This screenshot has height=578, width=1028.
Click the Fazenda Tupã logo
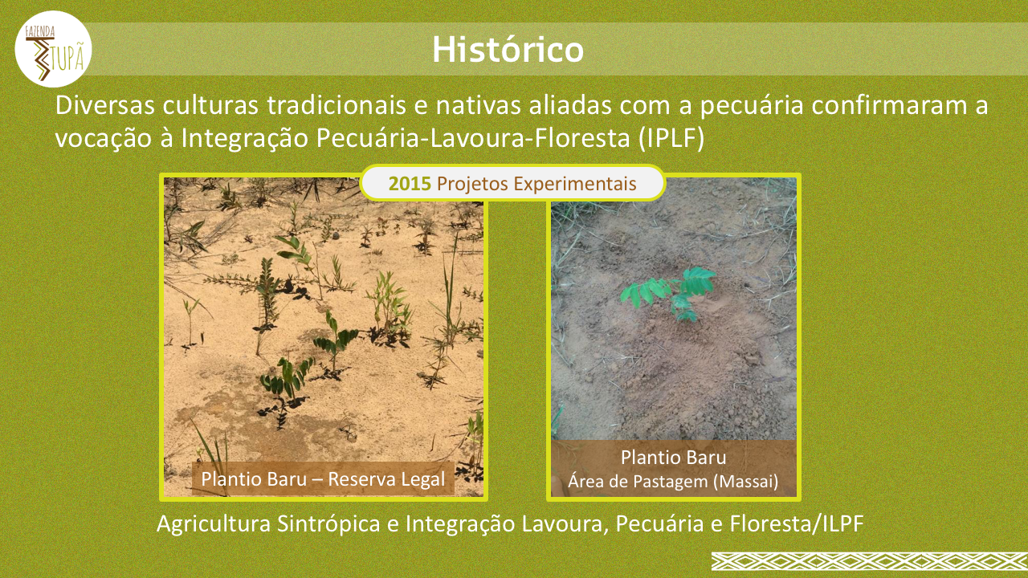53,49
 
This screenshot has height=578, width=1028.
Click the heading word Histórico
508,49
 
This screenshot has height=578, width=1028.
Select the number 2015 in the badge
410,184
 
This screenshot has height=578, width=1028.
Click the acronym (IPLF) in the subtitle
671,137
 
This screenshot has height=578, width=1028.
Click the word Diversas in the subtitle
105,105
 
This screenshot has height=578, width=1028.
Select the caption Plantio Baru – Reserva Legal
323,479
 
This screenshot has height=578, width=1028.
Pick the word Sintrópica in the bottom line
328,524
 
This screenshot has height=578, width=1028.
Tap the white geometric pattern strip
870,561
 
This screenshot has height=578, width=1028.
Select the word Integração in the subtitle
244,139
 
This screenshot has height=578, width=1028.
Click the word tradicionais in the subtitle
337,105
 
